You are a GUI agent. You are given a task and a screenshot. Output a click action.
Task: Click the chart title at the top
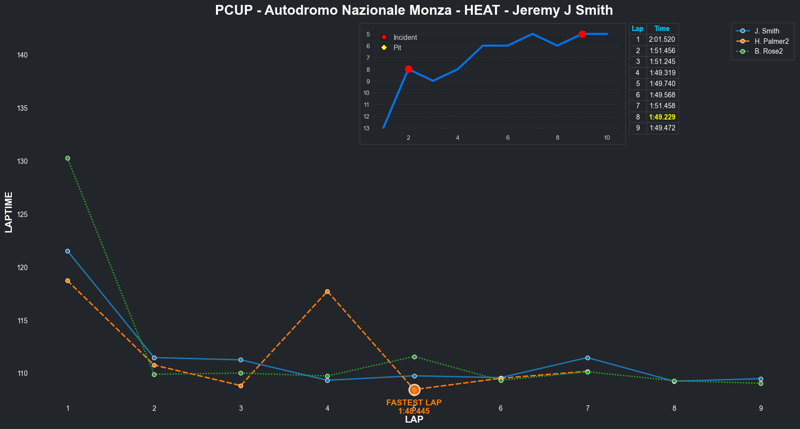click(x=414, y=10)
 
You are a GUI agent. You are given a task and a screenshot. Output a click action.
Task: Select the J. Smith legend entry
click(x=767, y=31)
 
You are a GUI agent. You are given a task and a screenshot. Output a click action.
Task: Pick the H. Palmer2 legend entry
click(x=771, y=41)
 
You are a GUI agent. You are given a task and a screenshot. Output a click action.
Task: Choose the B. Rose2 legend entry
click(x=769, y=51)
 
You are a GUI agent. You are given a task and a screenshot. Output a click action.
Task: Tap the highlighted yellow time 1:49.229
click(x=662, y=117)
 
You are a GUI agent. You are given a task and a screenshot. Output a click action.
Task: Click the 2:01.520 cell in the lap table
click(x=662, y=39)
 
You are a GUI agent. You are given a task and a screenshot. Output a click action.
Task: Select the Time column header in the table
click(x=662, y=29)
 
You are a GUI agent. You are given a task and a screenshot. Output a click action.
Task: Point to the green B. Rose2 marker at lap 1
click(x=67, y=158)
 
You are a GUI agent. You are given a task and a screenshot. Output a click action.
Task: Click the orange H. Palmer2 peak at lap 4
click(x=327, y=292)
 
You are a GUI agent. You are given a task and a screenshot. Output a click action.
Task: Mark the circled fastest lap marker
click(x=414, y=390)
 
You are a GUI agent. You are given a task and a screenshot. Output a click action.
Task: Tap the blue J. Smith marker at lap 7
click(x=587, y=358)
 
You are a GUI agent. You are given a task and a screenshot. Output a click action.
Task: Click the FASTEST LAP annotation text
click(x=414, y=403)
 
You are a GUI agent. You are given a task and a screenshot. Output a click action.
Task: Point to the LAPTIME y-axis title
click(x=8, y=212)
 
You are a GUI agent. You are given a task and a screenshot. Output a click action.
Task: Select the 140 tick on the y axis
click(x=22, y=56)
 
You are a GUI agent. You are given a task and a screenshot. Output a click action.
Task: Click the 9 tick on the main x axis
click(x=761, y=408)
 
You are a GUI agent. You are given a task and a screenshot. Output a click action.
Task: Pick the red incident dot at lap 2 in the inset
click(x=408, y=69)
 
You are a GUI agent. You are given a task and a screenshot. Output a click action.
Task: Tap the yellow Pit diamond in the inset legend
click(x=384, y=48)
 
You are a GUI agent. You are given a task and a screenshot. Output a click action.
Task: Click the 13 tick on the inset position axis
click(x=367, y=128)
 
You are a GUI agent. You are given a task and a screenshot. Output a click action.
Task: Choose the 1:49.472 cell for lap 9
click(x=662, y=128)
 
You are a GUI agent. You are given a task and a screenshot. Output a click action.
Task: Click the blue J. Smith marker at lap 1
click(x=67, y=251)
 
